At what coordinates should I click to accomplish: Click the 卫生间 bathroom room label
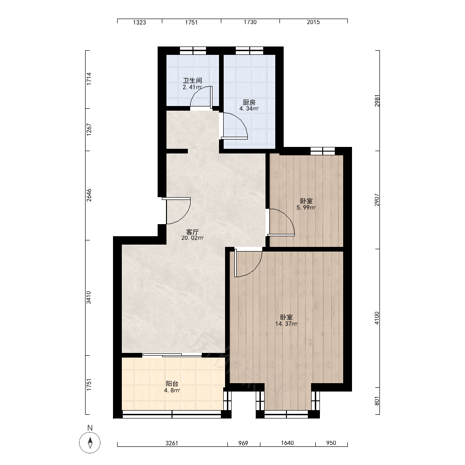click(x=193, y=80)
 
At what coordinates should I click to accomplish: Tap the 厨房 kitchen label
click(x=249, y=102)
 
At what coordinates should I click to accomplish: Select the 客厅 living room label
click(x=192, y=232)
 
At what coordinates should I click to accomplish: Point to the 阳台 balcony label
click(x=172, y=384)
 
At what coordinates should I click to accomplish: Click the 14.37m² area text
click(x=286, y=324)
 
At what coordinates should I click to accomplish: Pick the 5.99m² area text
click(x=306, y=207)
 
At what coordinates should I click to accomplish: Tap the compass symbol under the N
click(x=90, y=443)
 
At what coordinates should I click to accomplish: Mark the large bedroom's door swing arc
click(x=254, y=269)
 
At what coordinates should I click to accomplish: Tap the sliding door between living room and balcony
click(x=172, y=355)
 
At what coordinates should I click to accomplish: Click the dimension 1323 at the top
click(x=139, y=22)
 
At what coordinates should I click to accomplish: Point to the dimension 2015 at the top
click(x=313, y=22)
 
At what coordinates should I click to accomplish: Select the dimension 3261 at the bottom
click(x=172, y=443)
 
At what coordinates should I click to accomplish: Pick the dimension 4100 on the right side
click(x=377, y=318)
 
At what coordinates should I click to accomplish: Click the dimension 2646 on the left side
click(x=89, y=195)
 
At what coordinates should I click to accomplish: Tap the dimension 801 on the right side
click(x=377, y=401)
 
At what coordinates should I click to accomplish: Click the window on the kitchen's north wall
click(x=249, y=51)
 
